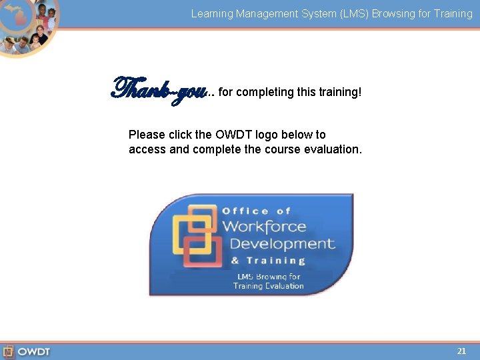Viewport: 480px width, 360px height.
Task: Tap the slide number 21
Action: click(461, 351)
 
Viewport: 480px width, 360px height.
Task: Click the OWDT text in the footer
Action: click(34, 351)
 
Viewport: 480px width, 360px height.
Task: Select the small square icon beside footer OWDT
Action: click(8, 351)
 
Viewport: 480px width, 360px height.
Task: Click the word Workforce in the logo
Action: click(264, 227)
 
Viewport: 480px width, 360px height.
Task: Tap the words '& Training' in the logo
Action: click(268, 261)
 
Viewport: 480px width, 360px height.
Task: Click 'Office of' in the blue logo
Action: click(257, 211)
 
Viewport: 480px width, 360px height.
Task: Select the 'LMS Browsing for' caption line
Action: click(269, 276)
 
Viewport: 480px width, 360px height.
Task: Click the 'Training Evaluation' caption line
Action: click(268, 286)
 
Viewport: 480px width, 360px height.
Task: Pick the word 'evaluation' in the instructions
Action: click(332, 149)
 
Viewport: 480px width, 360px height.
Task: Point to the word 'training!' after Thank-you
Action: click(340, 92)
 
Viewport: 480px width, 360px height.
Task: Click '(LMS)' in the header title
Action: click(322, 13)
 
